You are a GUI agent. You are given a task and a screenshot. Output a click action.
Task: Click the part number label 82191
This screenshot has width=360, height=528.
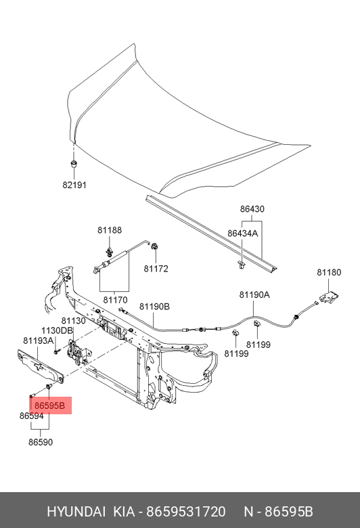tap(74, 185)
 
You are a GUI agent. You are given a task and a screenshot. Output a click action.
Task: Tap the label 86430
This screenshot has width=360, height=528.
tap(252, 208)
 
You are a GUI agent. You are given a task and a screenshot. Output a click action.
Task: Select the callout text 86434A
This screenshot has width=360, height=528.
tap(242, 233)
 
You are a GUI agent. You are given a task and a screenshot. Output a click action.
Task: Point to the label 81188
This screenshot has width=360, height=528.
tap(110, 230)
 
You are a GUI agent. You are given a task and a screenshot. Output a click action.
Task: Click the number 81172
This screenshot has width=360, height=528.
tap(156, 269)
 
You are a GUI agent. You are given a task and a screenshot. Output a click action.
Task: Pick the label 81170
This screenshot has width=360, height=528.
tap(115, 300)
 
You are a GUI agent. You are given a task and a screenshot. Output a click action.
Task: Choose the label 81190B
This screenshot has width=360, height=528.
tap(154, 307)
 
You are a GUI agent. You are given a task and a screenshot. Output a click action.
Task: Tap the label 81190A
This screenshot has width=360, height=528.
tap(254, 294)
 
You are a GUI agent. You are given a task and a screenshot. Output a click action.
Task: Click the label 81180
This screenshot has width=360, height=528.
tap(329, 272)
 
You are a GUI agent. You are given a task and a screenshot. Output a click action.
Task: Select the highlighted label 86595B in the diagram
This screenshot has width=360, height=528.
tap(49, 405)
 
